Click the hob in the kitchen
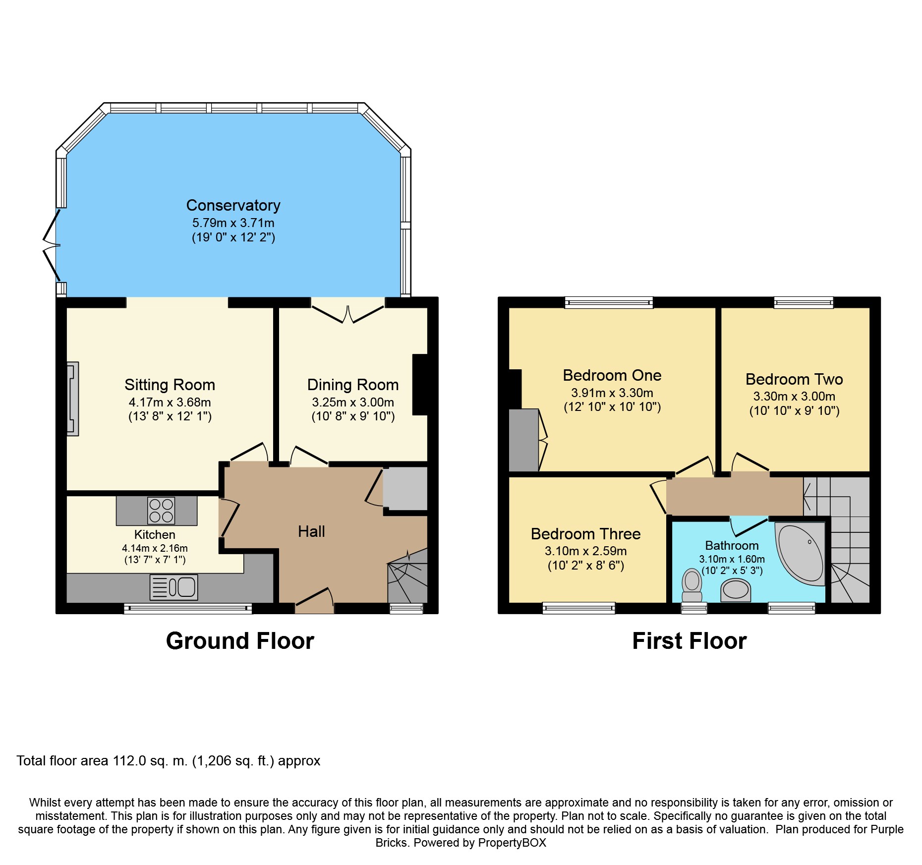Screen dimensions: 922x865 tap(161, 511)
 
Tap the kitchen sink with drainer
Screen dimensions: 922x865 tap(173, 587)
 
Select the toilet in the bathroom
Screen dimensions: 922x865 tap(692, 586)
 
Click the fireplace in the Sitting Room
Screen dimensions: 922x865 tap(72, 399)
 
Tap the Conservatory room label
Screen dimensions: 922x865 tap(233, 205)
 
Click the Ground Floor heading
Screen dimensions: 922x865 tap(240, 641)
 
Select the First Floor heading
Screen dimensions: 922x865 tap(689, 641)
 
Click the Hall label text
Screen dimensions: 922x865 tap(311, 531)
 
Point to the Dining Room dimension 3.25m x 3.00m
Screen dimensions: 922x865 tap(353, 402)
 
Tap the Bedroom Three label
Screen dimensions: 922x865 tap(585, 534)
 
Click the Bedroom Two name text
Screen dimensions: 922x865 tap(794, 379)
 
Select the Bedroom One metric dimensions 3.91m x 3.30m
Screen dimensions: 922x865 tap(612, 393)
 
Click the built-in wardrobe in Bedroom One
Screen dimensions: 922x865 tap(524, 440)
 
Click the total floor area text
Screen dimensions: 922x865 tap(169, 761)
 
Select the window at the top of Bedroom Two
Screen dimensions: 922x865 tap(804, 302)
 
